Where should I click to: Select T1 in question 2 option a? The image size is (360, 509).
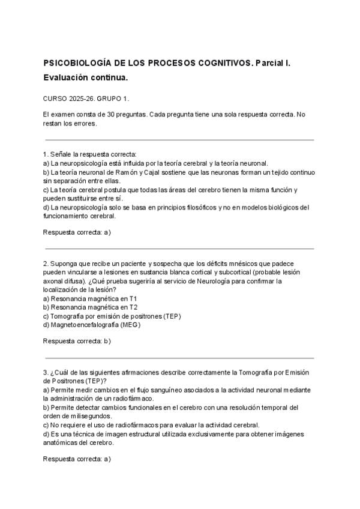(134, 298)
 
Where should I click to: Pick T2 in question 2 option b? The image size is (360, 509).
(134, 307)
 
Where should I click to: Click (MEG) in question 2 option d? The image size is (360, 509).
(130, 325)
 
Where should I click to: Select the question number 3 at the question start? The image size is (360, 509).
(46, 372)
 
